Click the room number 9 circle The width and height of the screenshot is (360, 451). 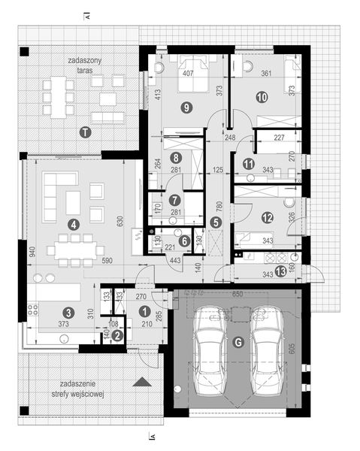point(186,107)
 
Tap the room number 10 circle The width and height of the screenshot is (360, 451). point(262,96)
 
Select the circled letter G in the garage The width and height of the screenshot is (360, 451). point(238,343)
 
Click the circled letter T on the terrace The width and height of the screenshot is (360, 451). point(86,132)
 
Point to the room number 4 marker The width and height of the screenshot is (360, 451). point(73,223)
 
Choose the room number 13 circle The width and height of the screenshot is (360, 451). point(281,272)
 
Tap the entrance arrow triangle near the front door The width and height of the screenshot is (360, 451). point(141,383)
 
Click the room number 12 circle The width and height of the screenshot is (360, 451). point(266,218)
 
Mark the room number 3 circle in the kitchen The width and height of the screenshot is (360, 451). point(68,312)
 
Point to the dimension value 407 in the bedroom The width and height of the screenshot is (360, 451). point(188,74)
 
